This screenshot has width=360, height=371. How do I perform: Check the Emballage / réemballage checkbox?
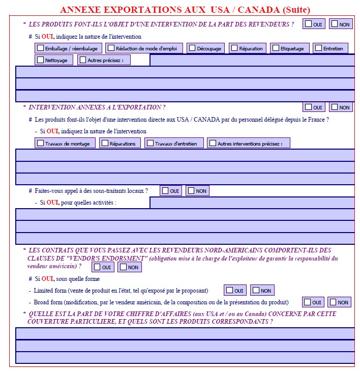41,48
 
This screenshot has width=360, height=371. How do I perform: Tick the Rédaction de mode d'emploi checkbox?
111,48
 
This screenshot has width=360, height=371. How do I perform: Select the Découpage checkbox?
192,48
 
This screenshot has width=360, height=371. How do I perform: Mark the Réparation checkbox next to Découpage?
234,48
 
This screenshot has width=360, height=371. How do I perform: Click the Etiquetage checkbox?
276,48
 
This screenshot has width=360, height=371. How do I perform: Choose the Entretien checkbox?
318,48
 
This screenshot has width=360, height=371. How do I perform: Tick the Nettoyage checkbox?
41,60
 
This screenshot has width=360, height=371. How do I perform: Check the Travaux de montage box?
41,144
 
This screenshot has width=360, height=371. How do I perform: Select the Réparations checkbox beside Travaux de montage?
105,144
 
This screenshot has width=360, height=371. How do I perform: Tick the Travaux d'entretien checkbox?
150,144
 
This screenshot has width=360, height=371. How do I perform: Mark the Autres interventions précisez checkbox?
213,144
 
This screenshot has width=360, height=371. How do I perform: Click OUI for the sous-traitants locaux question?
165,190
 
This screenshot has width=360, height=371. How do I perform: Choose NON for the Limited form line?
255,290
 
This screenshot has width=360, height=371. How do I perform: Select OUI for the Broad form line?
308,302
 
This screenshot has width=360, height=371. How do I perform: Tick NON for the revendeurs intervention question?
335,23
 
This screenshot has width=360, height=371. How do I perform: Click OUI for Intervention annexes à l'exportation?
308,107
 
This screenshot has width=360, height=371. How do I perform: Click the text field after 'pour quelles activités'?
252,203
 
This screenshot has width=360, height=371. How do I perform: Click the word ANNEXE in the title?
80,10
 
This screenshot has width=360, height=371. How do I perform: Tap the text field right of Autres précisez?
252,60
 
